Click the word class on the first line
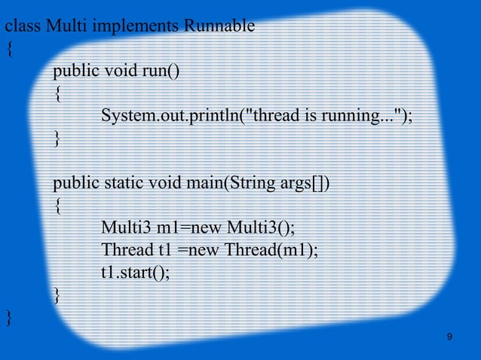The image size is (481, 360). click(x=23, y=28)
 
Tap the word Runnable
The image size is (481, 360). click(x=219, y=28)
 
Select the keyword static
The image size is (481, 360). click(x=123, y=183)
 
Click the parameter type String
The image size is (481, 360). click(x=250, y=183)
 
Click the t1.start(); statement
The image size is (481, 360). click(x=136, y=272)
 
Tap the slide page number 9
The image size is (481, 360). click(x=449, y=337)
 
